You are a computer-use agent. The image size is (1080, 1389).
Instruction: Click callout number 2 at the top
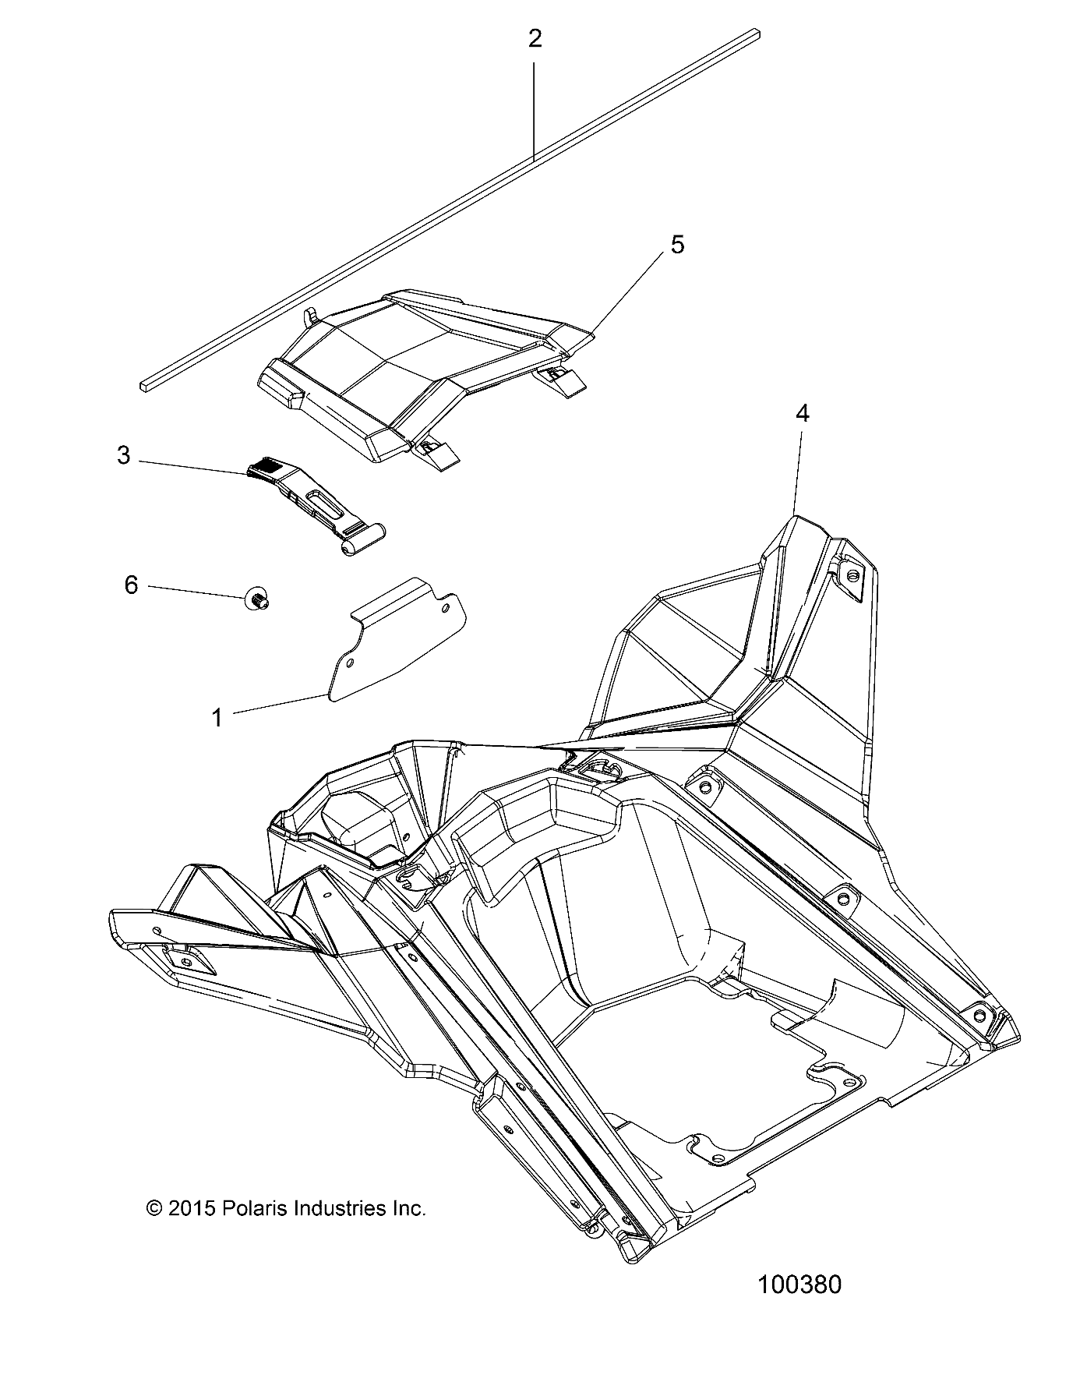(535, 39)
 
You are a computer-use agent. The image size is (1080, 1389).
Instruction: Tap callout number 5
(677, 245)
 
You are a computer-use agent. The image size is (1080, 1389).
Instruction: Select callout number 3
(124, 455)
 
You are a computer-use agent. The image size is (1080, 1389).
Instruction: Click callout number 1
(217, 717)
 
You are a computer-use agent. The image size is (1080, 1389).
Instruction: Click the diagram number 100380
(799, 1285)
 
